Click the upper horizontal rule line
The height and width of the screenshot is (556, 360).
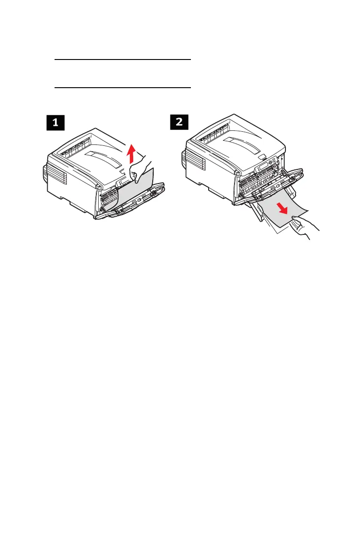(122, 60)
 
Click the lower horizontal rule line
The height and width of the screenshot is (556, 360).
(122, 87)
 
